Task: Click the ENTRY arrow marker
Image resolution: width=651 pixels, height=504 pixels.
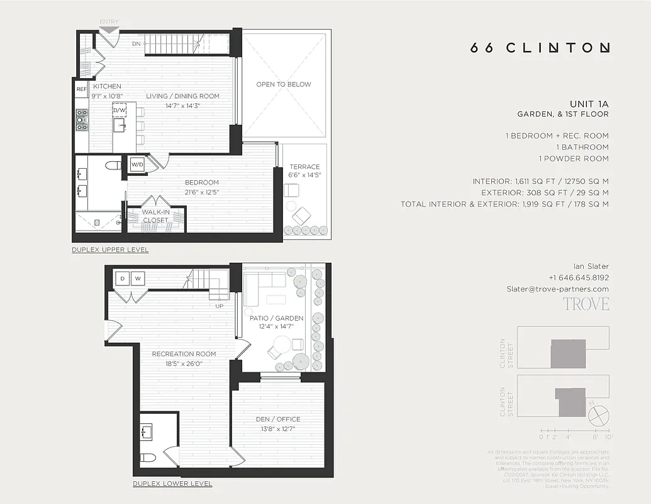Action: point(109,29)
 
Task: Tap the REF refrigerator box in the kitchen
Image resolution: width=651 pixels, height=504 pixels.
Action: point(82,89)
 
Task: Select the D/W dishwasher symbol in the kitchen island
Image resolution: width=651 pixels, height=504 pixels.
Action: point(120,110)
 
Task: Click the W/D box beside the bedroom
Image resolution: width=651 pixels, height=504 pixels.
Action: point(137,165)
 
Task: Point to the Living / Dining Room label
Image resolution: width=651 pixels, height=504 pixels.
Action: point(182,96)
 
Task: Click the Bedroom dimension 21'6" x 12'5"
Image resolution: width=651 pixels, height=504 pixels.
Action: point(201,192)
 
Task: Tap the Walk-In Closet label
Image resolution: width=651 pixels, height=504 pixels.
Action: point(155,216)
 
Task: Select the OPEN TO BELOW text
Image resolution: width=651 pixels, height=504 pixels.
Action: point(283,84)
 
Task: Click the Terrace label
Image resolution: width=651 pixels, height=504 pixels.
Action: point(304,167)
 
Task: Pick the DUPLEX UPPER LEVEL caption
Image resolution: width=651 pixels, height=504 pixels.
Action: point(110,250)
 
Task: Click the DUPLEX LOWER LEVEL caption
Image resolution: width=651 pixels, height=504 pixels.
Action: point(172,484)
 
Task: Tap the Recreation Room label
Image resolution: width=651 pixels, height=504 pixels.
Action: point(184,354)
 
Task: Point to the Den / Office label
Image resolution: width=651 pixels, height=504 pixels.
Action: point(277,419)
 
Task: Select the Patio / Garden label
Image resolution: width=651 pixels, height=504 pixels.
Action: point(281,318)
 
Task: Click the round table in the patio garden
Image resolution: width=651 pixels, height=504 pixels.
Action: point(281,345)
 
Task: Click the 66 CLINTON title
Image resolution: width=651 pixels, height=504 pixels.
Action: point(540,48)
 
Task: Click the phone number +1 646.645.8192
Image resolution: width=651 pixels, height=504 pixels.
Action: point(578,277)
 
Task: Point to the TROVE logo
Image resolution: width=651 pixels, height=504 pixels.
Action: point(586,304)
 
